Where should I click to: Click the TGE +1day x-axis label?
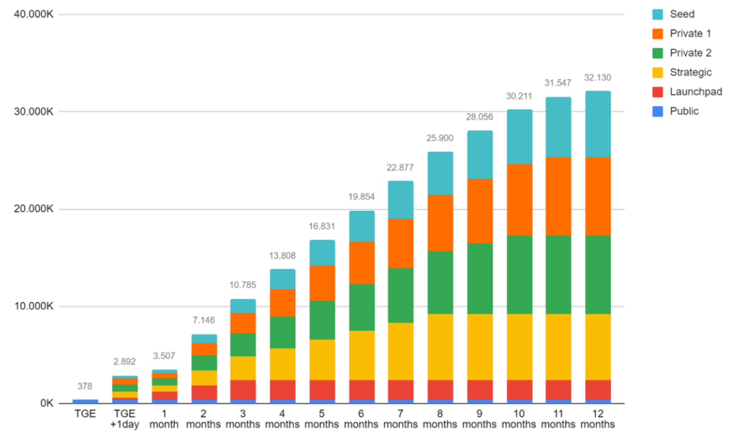[125, 419]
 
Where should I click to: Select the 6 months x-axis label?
[362, 419]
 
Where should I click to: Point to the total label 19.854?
[362, 198]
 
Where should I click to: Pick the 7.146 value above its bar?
[204, 321]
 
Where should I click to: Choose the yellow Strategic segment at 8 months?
[441, 347]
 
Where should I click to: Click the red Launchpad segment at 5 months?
[322, 390]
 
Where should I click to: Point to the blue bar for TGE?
[85, 401]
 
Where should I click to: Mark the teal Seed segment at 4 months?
[283, 279]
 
